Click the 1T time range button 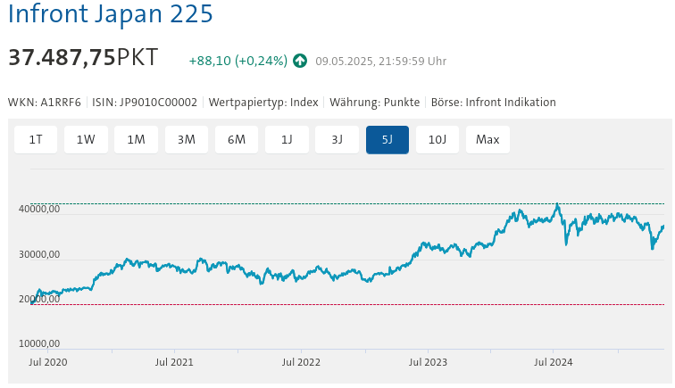pos(36,139)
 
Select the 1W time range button pos(86,139)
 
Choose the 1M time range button pos(136,139)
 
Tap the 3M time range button pos(187,139)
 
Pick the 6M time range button pos(237,139)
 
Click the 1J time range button pos(287,139)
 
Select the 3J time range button pos(337,139)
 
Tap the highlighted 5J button pos(387,139)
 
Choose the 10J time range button pos(437,139)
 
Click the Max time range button pos(487,139)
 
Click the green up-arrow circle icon pos(300,61)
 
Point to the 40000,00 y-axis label pos(39,210)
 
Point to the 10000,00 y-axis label pos(39,343)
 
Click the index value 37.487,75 pos(62,57)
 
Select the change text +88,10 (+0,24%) pos(237,61)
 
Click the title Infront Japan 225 pos(111,15)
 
